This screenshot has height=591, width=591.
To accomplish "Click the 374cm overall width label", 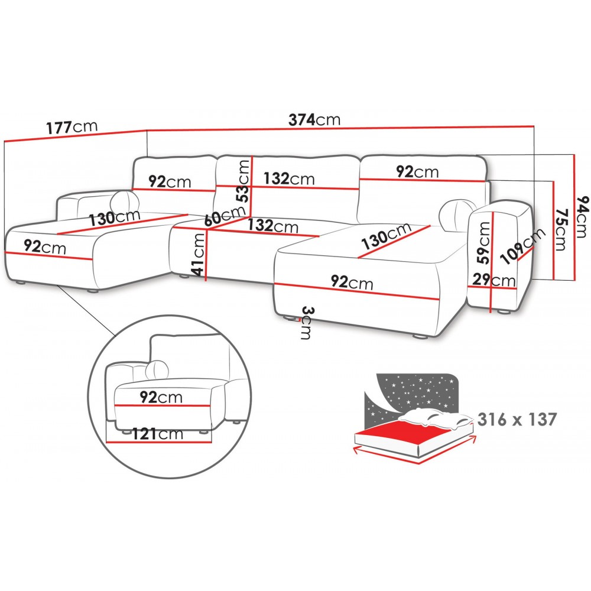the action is [x=314, y=119].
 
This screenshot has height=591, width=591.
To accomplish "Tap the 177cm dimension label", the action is [x=72, y=127].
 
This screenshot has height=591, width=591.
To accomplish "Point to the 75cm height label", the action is [x=561, y=229].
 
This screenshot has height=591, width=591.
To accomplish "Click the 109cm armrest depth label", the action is [x=522, y=246].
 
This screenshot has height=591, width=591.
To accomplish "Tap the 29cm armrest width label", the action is [x=493, y=280].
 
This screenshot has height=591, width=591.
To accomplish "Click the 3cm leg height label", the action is [x=306, y=323].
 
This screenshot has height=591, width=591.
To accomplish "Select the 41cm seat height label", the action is [x=197, y=254].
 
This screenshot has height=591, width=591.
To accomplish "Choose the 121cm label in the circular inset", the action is [x=158, y=434].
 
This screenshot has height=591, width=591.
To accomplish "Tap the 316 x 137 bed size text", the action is [x=517, y=419].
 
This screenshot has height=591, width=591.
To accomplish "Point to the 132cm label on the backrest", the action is [x=289, y=178].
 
